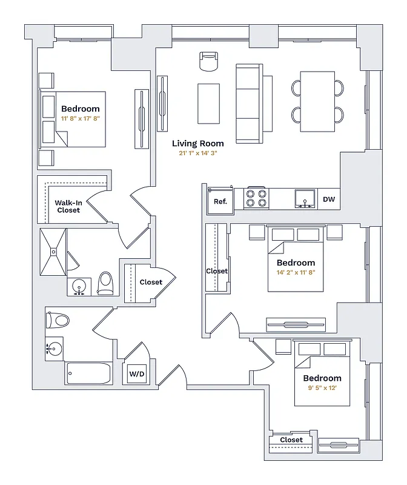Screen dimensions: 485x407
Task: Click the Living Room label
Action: pos(197,144)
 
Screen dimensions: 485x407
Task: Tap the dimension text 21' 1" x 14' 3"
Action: pos(197,153)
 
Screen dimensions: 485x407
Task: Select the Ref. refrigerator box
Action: pos(220,200)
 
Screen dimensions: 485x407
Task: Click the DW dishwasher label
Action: pos(329,199)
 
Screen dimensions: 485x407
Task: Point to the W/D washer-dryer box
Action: pos(136,375)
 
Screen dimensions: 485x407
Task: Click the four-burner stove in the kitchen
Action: pos(256,198)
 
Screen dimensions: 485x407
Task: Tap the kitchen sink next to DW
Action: pos(305,198)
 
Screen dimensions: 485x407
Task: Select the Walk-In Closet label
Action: pos(68,206)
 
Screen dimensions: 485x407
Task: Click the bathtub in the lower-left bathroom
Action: pos(88,373)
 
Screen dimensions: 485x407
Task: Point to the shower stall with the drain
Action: pos(53,252)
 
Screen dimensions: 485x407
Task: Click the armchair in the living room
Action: pos(208,62)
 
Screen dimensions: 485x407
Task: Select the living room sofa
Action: pos(248,104)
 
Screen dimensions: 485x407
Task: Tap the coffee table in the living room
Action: pos(209,102)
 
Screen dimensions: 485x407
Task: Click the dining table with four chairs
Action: pos(318,101)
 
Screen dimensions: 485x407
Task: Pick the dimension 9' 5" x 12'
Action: pos(322,389)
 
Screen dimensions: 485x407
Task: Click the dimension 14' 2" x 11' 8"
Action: pos(296,273)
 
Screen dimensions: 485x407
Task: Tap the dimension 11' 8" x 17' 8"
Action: pos(81,119)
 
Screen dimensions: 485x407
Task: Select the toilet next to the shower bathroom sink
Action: pos(106,283)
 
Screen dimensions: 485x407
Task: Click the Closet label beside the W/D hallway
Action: pos(151,282)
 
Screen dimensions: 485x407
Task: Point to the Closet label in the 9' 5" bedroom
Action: pos(291,440)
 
